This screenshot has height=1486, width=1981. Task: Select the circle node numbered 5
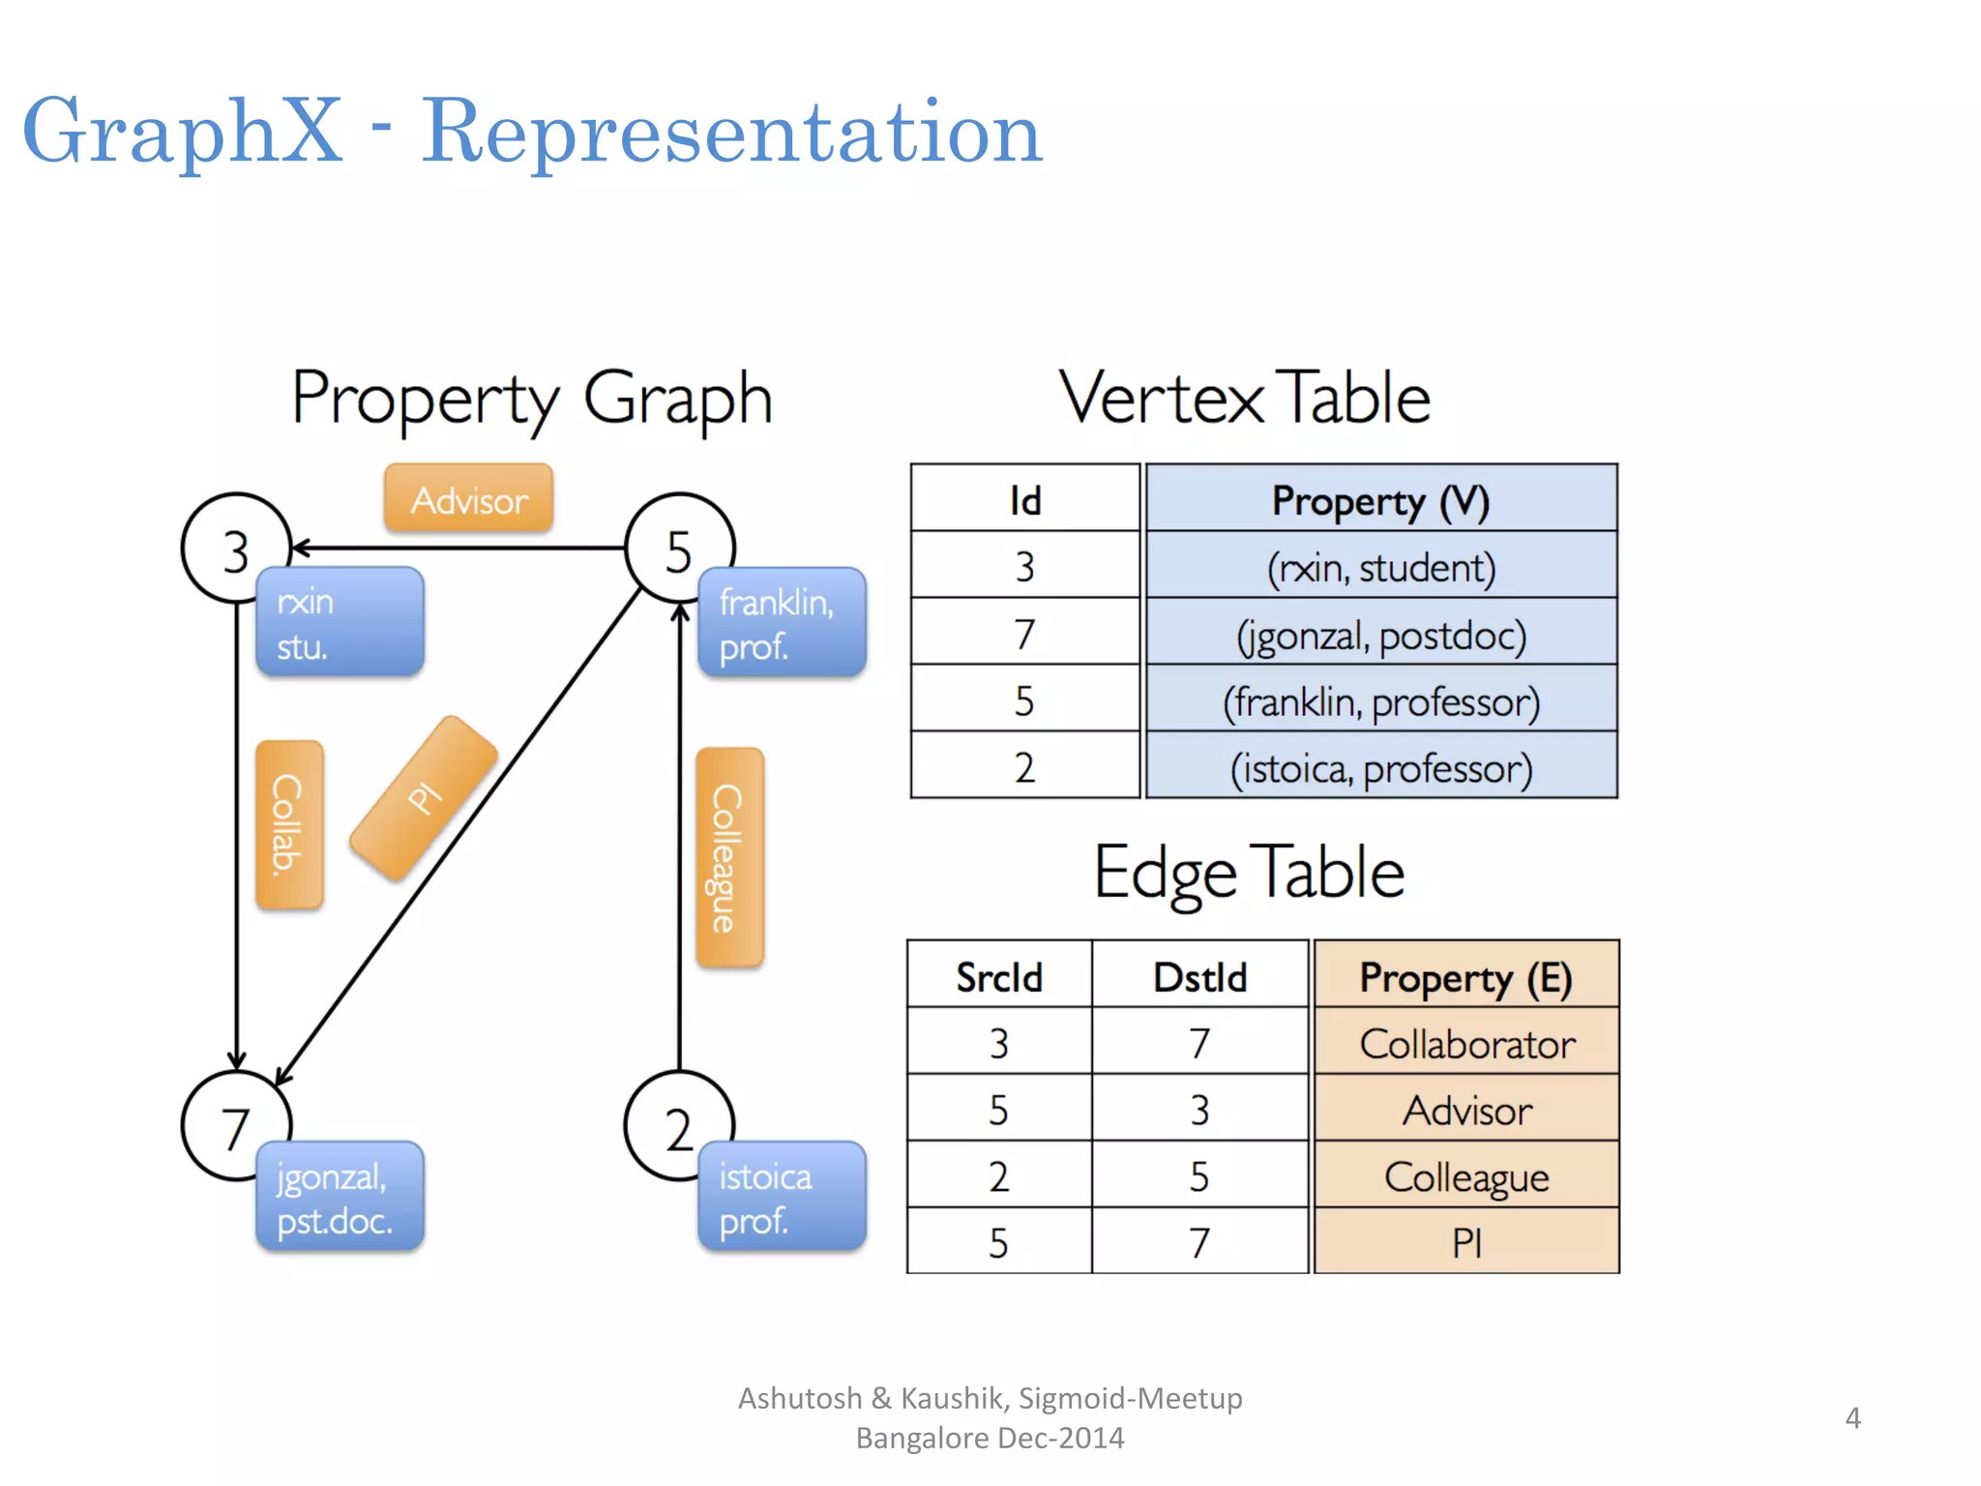(679, 549)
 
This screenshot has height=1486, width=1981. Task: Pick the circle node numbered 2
(679, 1126)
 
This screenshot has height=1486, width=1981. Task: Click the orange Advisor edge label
(469, 499)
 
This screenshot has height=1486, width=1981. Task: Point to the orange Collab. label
(288, 824)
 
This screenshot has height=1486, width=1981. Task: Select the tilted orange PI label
(424, 798)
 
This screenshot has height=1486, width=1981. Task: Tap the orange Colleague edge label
(729, 857)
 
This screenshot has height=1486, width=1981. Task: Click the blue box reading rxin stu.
(340, 622)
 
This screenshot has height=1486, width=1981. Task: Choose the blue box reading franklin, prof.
(782, 622)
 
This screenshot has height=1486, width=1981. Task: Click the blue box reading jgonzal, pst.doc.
(340, 1197)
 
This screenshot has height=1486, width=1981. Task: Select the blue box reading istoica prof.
(782, 1197)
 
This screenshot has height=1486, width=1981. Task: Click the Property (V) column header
(1380, 499)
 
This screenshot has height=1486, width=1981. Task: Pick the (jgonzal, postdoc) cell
(1380, 635)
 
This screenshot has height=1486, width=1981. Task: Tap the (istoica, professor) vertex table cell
(1380, 767)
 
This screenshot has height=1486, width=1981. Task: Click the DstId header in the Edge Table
(1199, 976)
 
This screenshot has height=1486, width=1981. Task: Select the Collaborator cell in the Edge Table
(1466, 1043)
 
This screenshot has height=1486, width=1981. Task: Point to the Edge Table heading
(1249, 873)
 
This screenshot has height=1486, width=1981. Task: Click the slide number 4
(1852, 1417)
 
